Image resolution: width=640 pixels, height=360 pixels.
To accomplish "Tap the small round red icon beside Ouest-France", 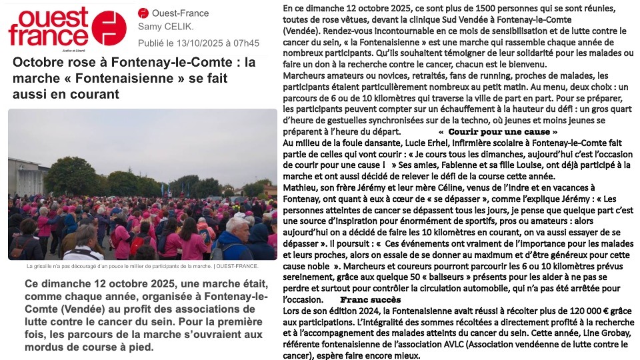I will [143, 13].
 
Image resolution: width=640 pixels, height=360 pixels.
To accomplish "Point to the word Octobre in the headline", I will [39, 64].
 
